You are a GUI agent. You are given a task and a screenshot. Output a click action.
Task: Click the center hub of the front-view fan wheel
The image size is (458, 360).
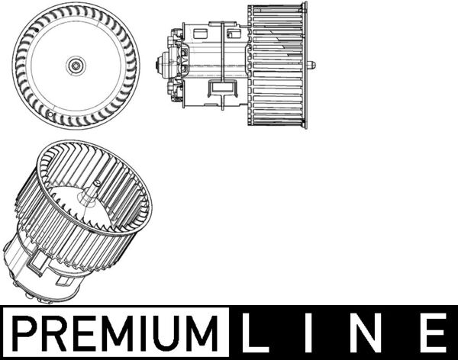pos(76,66)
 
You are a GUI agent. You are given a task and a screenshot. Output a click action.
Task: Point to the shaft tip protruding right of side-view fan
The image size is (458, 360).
pos(312,66)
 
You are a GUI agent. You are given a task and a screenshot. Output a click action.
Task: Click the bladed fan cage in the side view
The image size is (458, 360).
pos(276,65)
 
